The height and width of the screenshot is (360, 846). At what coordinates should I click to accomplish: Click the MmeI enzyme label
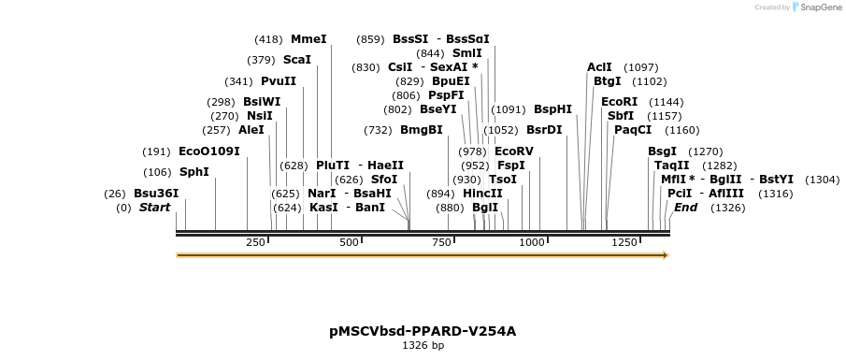(308, 39)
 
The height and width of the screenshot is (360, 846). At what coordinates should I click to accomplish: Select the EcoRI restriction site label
(619, 101)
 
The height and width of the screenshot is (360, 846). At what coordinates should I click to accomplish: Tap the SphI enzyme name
(194, 172)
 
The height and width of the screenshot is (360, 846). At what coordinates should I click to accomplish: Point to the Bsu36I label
(156, 194)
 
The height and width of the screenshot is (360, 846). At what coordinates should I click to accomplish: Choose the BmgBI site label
(422, 130)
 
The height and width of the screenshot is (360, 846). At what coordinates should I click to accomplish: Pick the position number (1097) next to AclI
(641, 67)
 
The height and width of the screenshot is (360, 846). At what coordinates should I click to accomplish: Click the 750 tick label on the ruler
(440, 243)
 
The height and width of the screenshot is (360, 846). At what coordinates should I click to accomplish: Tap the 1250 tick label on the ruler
(624, 243)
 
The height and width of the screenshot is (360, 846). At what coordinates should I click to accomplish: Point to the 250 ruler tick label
(255, 243)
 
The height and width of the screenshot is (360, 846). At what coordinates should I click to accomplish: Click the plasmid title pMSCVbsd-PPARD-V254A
(423, 331)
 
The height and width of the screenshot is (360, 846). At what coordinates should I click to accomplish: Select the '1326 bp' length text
(423, 346)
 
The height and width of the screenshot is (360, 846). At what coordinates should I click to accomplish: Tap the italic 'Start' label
(154, 208)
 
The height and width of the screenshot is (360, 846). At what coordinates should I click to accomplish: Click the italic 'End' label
(686, 208)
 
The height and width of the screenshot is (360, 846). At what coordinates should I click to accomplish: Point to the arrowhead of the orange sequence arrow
(666, 254)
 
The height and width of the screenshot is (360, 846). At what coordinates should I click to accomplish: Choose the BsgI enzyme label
(662, 151)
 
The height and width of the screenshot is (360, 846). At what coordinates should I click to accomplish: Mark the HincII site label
(482, 194)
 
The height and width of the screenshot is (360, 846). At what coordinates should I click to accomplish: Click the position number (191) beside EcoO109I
(156, 151)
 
